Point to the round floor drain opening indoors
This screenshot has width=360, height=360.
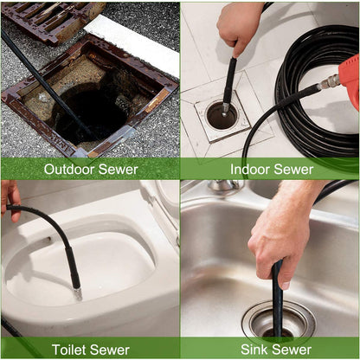click(x=222, y=114)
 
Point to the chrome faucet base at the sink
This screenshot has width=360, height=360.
click(x=224, y=187)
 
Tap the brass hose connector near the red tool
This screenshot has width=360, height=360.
click(x=330, y=82)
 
